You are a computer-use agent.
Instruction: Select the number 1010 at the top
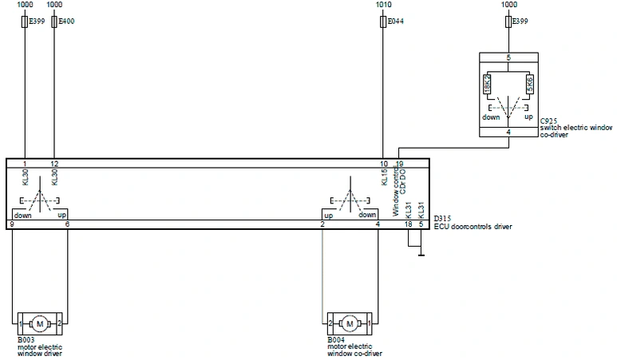384,5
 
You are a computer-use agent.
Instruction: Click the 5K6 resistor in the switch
528,85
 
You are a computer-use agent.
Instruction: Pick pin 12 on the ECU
54,164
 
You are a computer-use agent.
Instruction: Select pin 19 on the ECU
399,164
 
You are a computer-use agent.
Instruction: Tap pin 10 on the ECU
384,164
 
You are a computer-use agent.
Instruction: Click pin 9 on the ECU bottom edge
12,224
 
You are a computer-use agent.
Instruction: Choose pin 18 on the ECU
408,224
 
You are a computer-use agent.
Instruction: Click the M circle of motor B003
39,323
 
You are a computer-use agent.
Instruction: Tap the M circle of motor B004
349,323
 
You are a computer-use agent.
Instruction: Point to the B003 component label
26,340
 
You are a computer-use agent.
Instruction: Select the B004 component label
335,340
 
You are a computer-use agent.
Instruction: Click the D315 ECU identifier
441,219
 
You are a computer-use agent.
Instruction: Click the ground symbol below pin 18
421,256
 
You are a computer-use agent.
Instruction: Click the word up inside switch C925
528,117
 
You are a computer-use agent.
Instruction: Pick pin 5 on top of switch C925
508,57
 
